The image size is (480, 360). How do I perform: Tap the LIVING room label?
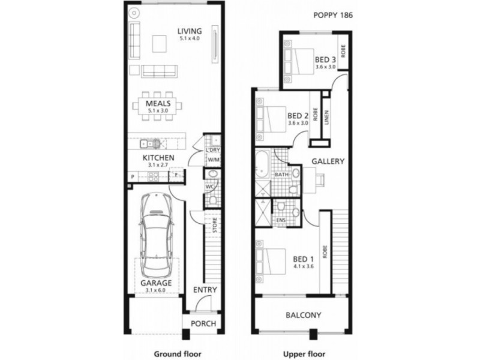click(x=189, y=31)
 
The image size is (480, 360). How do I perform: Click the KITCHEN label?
click(x=158, y=158)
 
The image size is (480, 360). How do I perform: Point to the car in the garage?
click(x=157, y=231)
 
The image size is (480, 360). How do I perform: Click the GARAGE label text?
click(x=157, y=283)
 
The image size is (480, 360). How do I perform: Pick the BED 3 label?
click(x=325, y=59)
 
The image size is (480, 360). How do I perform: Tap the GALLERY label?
click(x=327, y=161)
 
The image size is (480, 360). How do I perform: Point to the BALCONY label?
click(x=303, y=315)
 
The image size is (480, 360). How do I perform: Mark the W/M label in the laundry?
click(x=213, y=160)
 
